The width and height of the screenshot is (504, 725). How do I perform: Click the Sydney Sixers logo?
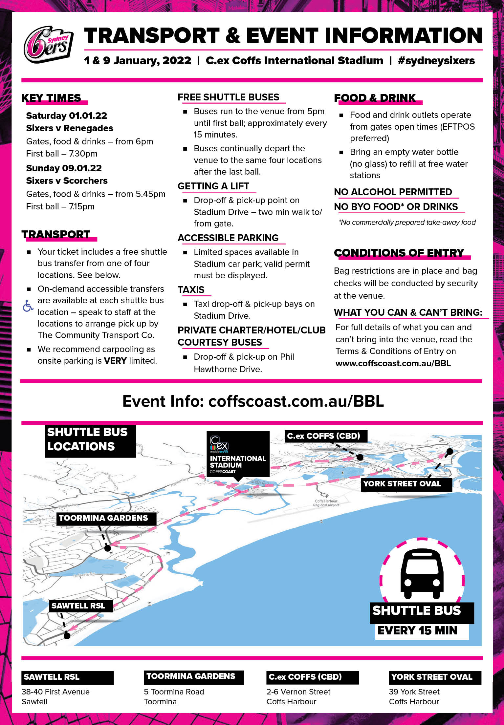(x=48, y=44)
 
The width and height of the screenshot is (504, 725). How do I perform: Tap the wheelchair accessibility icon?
(x=28, y=306)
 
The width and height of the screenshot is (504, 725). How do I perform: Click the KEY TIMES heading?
(x=51, y=98)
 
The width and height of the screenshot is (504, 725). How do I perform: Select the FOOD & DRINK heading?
(x=375, y=98)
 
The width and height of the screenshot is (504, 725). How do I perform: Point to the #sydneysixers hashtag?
(x=436, y=61)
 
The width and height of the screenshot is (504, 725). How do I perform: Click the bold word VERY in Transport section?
(x=115, y=361)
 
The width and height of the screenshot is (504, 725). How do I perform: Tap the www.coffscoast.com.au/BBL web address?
(x=393, y=363)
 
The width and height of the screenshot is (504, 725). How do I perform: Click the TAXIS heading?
(x=191, y=290)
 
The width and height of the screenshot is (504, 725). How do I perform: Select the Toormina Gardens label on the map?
(x=103, y=518)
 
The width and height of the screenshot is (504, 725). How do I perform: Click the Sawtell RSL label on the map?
(x=78, y=606)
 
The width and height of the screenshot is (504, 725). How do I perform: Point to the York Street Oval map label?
(x=402, y=484)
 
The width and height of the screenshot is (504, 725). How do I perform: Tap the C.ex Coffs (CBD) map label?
(x=323, y=436)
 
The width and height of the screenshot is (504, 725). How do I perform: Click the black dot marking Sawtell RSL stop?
(x=67, y=636)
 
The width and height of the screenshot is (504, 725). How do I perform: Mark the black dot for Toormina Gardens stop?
(x=107, y=548)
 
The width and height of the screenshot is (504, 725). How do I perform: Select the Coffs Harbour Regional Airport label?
(x=326, y=503)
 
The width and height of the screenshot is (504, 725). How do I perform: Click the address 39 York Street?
(x=414, y=692)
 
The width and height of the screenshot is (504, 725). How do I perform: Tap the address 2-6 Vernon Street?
(x=298, y=692)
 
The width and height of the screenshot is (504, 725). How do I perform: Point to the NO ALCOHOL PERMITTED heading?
(x=393, y=192)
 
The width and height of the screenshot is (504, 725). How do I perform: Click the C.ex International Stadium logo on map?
(x=237, y=454)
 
